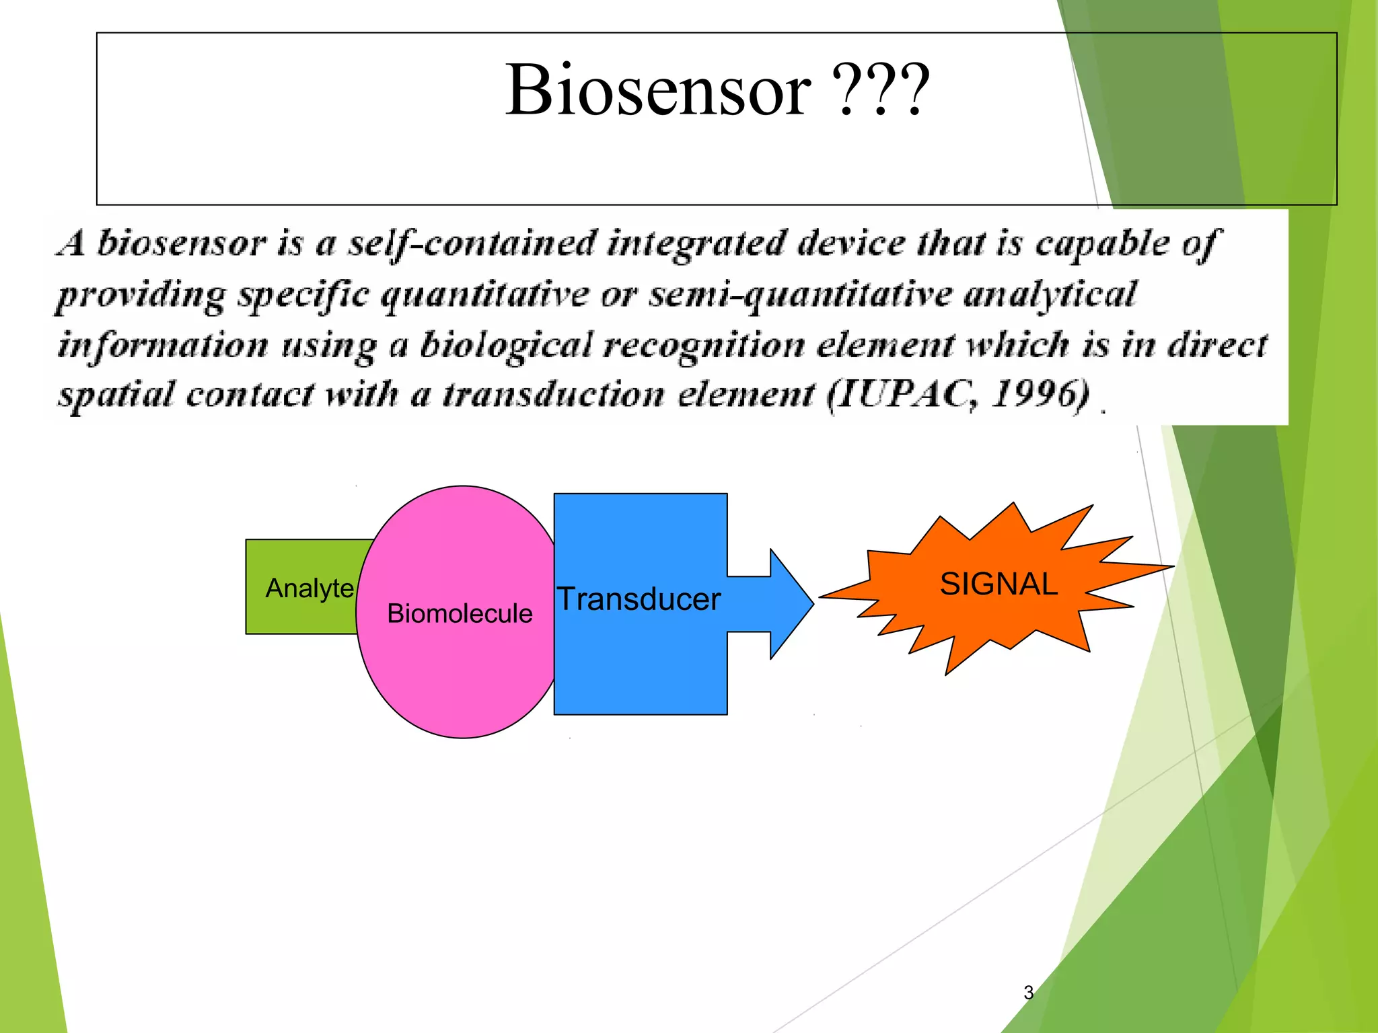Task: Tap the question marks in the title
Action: (x=881, y=91)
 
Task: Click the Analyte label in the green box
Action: (x=310, y=588)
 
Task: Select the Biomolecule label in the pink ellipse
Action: (x=460, y=613)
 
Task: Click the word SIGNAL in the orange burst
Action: (x=999, y=584)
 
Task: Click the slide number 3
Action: (x=1028, y=992)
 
